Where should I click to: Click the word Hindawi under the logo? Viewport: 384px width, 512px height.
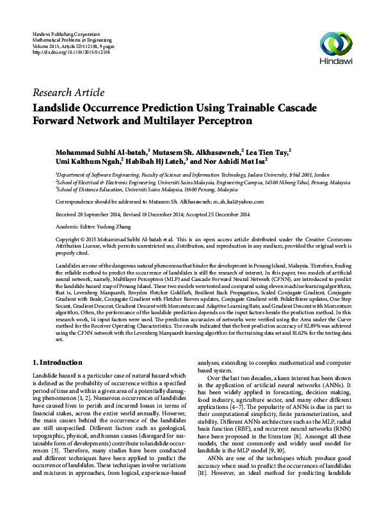click(x=337, y=63)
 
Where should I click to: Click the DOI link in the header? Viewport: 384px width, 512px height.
click(x=70, y=51)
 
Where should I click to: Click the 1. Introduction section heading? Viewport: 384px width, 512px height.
click(x=56, y=363)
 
